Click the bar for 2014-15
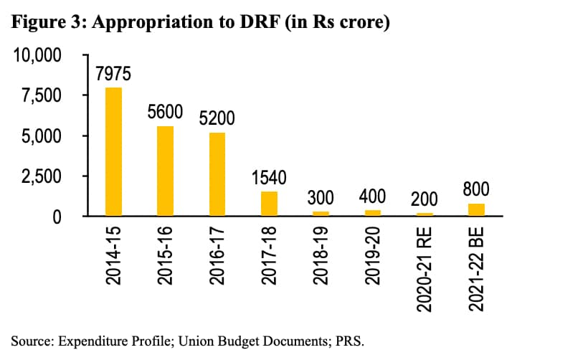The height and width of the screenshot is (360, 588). point(113,151)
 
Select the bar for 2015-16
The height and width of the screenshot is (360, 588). point(165,171)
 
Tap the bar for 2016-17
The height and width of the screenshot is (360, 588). point(217,174)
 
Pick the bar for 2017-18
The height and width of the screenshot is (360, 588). point(269,204)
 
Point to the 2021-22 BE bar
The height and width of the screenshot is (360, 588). point(476,209)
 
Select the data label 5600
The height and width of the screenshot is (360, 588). point(165,113)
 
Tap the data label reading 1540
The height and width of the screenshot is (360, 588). point(269,178)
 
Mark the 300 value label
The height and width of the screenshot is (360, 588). point(321,197)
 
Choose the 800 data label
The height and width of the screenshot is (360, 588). point(476,189)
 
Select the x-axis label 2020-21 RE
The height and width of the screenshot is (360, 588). point(425,269)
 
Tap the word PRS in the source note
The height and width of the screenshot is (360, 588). point(351,339)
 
